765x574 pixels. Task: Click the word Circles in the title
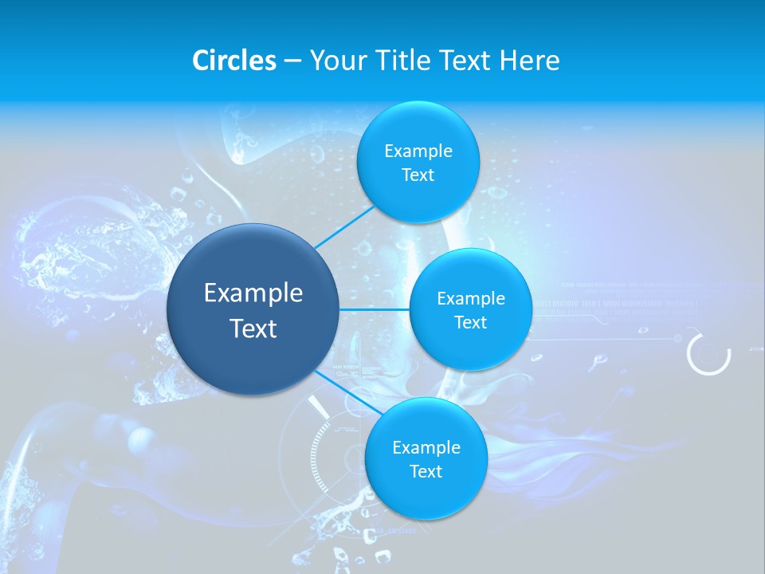233,61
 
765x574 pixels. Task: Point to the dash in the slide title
292,61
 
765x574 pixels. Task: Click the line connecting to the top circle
344,227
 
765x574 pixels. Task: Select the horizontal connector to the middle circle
375,309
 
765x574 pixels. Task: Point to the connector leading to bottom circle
344,391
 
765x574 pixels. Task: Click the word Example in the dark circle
253,293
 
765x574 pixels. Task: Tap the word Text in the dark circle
253,328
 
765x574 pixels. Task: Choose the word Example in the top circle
418,151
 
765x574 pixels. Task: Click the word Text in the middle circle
470,322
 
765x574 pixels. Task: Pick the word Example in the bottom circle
426,447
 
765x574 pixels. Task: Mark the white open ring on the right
708,354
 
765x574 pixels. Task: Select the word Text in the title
465,61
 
